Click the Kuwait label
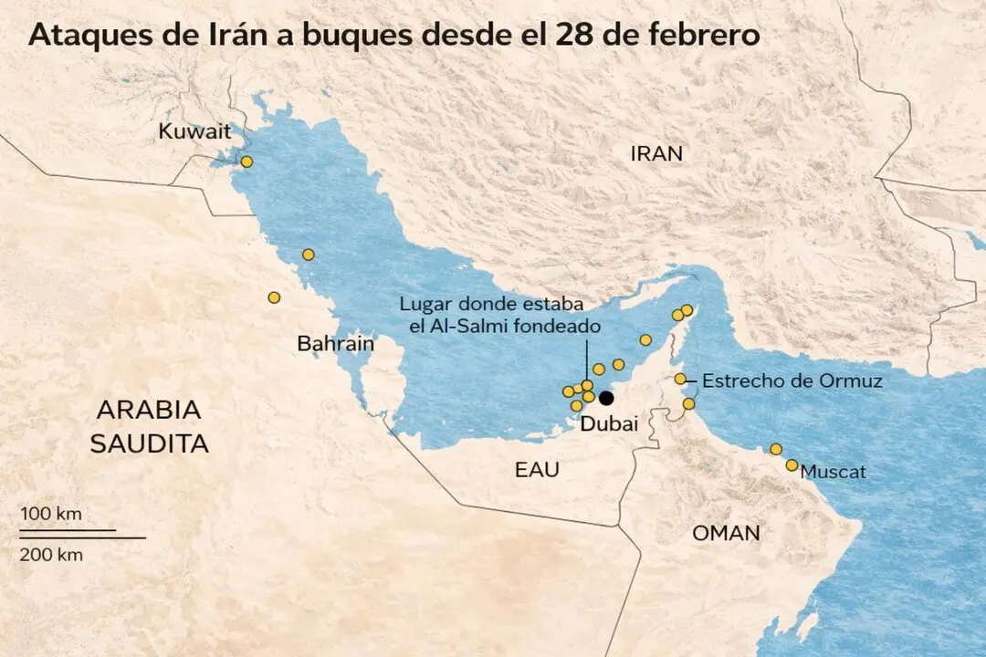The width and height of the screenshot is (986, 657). click(194, 131)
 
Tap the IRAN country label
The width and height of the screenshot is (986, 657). click(656, 154)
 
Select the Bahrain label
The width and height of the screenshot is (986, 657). click(335, 344)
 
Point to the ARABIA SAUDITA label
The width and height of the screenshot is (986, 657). click(149, 426)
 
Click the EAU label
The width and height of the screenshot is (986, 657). click(536, 470)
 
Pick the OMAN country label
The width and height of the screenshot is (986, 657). click(726, 534)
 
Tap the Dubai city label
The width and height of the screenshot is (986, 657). click(609, 423)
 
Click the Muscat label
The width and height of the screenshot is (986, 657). click(833, 472)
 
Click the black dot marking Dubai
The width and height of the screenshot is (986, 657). click(606, 398)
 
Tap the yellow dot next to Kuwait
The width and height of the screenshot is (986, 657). click(246, 162)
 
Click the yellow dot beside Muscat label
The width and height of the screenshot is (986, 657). click(792, 465)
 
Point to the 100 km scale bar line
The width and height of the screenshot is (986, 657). click(68, 529)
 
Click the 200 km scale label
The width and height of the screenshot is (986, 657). click(51, 554)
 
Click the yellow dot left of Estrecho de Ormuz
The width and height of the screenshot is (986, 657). click(680, 379)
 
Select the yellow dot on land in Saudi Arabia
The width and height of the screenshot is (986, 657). click(274, 297)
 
